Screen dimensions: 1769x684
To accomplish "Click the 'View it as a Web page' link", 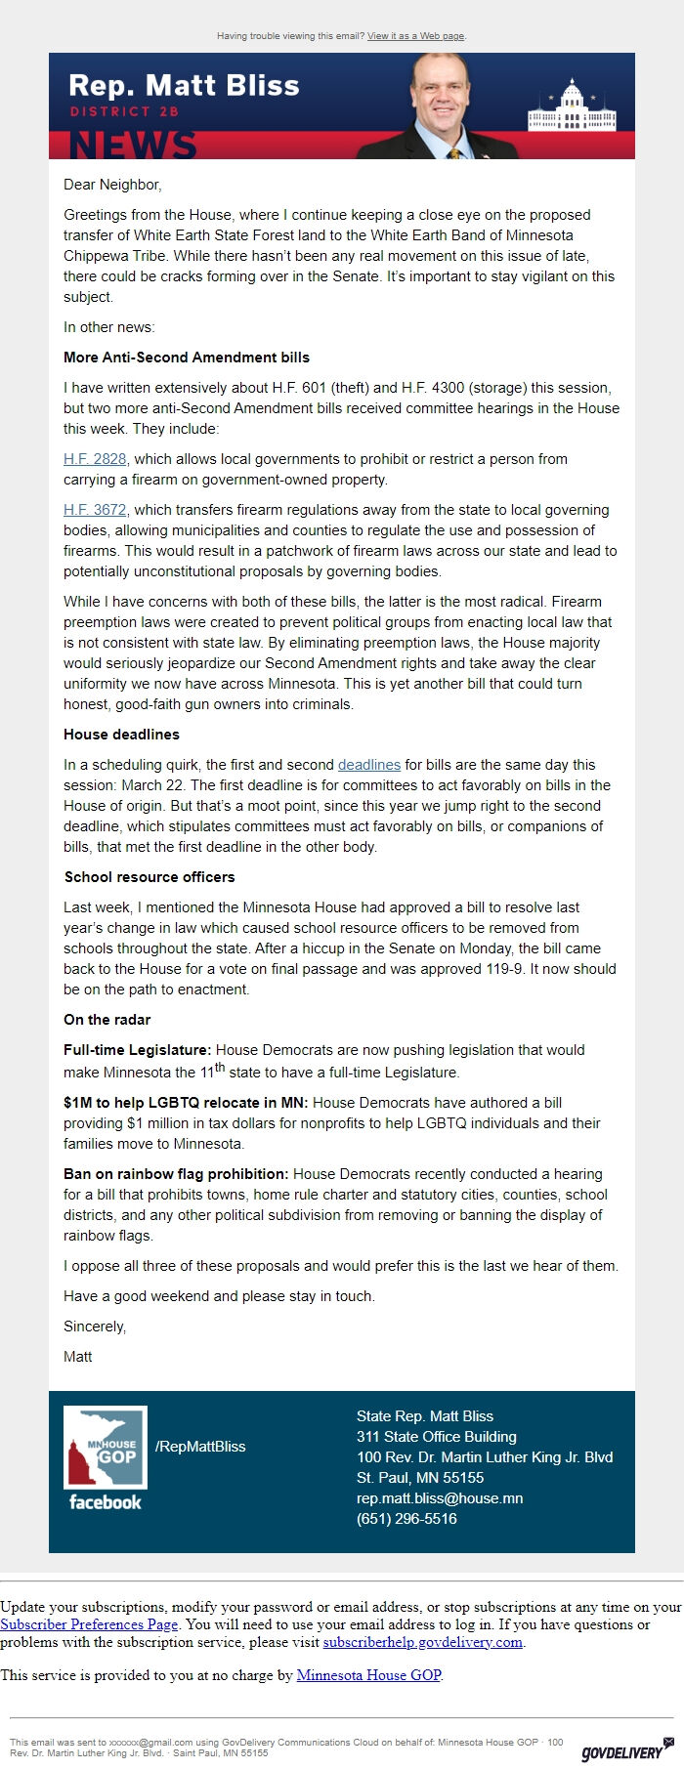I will pyautogui.click(x=415, y=36).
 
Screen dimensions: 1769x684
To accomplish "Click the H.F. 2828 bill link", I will pyautogui.click(x=95, y=459).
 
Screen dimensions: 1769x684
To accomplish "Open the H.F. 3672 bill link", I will pyautogui.click(x=95, y=510).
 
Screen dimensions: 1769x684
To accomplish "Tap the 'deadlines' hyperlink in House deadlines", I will pyautogui.click(x=369, y=765).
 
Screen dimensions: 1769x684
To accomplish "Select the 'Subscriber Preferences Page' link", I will pyautogui.click(x=89, y=1624).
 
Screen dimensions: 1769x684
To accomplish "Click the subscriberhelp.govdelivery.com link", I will pyautogui.click(x=422, y=1642).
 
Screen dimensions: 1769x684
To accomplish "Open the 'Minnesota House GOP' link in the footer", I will pyautogui.click(x=368, y=1675).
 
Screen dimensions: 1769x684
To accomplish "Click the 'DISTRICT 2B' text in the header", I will pyautogui.click(x=124, y=111).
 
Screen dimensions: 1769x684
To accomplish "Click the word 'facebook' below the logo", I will pyautogui.click(x=106, y=1502).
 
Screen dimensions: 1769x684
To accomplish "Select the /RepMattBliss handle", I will pyautogui.click(x=200, y=1447).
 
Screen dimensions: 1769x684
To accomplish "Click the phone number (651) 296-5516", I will pyautogui.click(x=406, y=1519).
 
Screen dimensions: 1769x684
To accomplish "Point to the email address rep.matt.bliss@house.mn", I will pyautogui.click(x=440, y=1498).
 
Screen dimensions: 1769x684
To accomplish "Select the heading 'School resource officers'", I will pyautogui.click(x=150, y=877).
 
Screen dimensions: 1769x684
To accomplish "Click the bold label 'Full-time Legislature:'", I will pyautogui.click(x=137, y=1050).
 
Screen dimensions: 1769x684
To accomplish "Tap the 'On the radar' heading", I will pyautogui.click(x=107, y=1020).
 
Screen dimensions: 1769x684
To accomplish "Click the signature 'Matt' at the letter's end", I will pyautogui.click(x=78, y=1357).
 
